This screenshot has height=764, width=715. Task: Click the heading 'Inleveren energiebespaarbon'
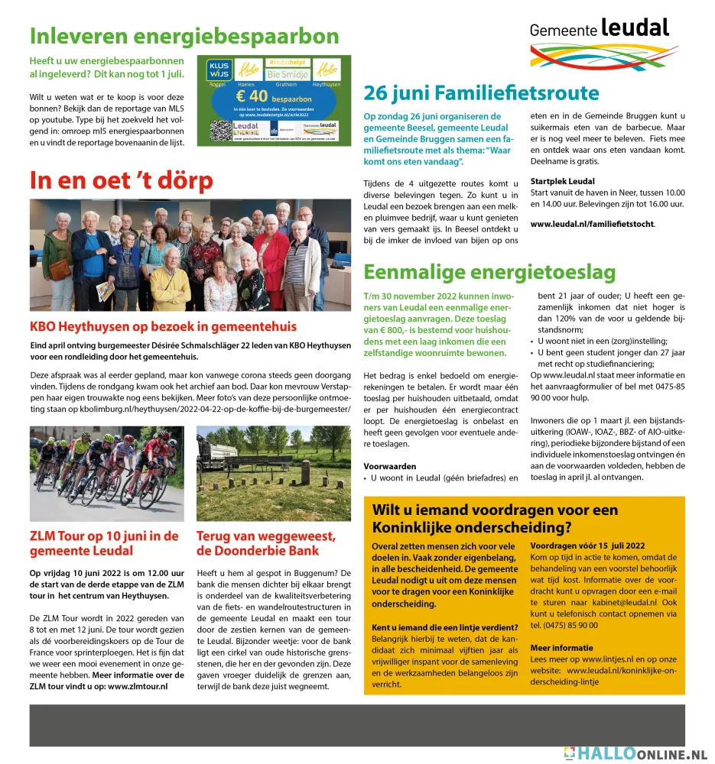pyautogui.click(x=184, y=36)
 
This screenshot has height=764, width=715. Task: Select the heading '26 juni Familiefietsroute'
pyautogui.click(x=481, y=93)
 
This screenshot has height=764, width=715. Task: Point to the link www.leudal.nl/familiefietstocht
pyautogui.click(x=593, y=224)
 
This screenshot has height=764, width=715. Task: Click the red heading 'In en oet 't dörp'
pyautogui.click(x=121, y=181)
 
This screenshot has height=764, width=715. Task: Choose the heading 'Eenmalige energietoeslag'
pyautogui.click(x=489, y=272)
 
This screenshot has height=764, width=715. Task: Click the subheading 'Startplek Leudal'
pyautogui.click(x=562, y=181)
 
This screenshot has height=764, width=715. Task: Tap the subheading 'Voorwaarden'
pyautogui.click(x=390, y=465)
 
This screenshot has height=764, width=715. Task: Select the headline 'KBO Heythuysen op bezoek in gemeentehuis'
pyautogui.click(x=163, y=327)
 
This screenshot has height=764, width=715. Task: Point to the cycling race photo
pyautogui.click(x=106, y=473)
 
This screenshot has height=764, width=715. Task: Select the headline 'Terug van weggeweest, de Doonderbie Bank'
pyautogui.click(x=266, y=542)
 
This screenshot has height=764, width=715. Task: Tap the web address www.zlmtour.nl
pyautogui.click(x=138, y=686)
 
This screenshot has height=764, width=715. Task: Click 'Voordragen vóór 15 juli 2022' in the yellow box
pyautogui.click(x=587, y=545)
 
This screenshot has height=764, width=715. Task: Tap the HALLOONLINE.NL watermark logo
pyautogui.click(x=635, y=753)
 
